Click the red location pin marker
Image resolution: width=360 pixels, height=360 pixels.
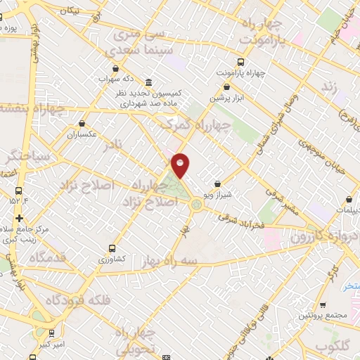(x=181, y=165)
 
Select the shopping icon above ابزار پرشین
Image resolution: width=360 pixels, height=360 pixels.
(x=226, y=87)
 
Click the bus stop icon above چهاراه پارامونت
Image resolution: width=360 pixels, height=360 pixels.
(x=241, y=60)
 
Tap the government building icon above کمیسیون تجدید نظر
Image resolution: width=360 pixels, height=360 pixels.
(x=148, y=82)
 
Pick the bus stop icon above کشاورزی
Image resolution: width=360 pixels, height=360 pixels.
(x=112, y=248)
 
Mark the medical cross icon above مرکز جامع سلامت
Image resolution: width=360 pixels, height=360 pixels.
(x=19, y=218)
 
